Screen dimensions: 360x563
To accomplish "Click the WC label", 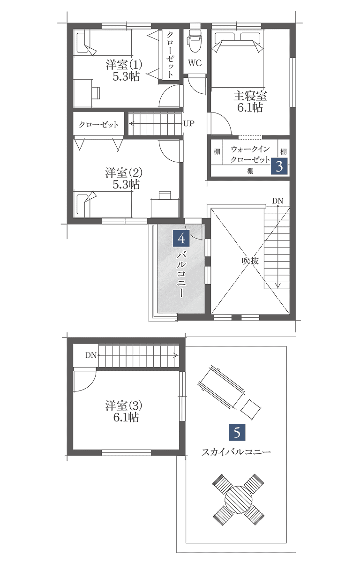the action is click(x=195, y=63).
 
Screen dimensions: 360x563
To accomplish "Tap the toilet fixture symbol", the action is click(x=195, y=41).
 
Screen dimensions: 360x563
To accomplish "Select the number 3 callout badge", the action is click(x=279, y=166).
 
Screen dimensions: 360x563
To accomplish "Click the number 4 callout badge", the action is click(x=181, y=238).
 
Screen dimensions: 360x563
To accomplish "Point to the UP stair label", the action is click(x=189, y=124).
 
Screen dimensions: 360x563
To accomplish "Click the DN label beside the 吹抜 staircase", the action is click(x=277, y=201).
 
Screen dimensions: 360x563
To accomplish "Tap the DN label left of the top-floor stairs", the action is click(x=91, y=355).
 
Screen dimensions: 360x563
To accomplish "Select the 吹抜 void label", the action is click(x=250, y=261).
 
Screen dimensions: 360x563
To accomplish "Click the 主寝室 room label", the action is click(x=250, y=96).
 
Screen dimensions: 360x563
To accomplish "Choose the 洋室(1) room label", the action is click(x=124, y=65).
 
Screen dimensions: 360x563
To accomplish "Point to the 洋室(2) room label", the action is click(x=124, y=173).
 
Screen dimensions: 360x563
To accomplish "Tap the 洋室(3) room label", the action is click(x=124, y=405).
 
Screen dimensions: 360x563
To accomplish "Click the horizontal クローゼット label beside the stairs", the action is click(x=98, y=125).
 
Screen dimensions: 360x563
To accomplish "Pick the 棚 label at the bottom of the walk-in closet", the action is click(x=250, y=171).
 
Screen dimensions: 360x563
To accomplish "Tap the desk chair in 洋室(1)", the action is click(x=96, y=93).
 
